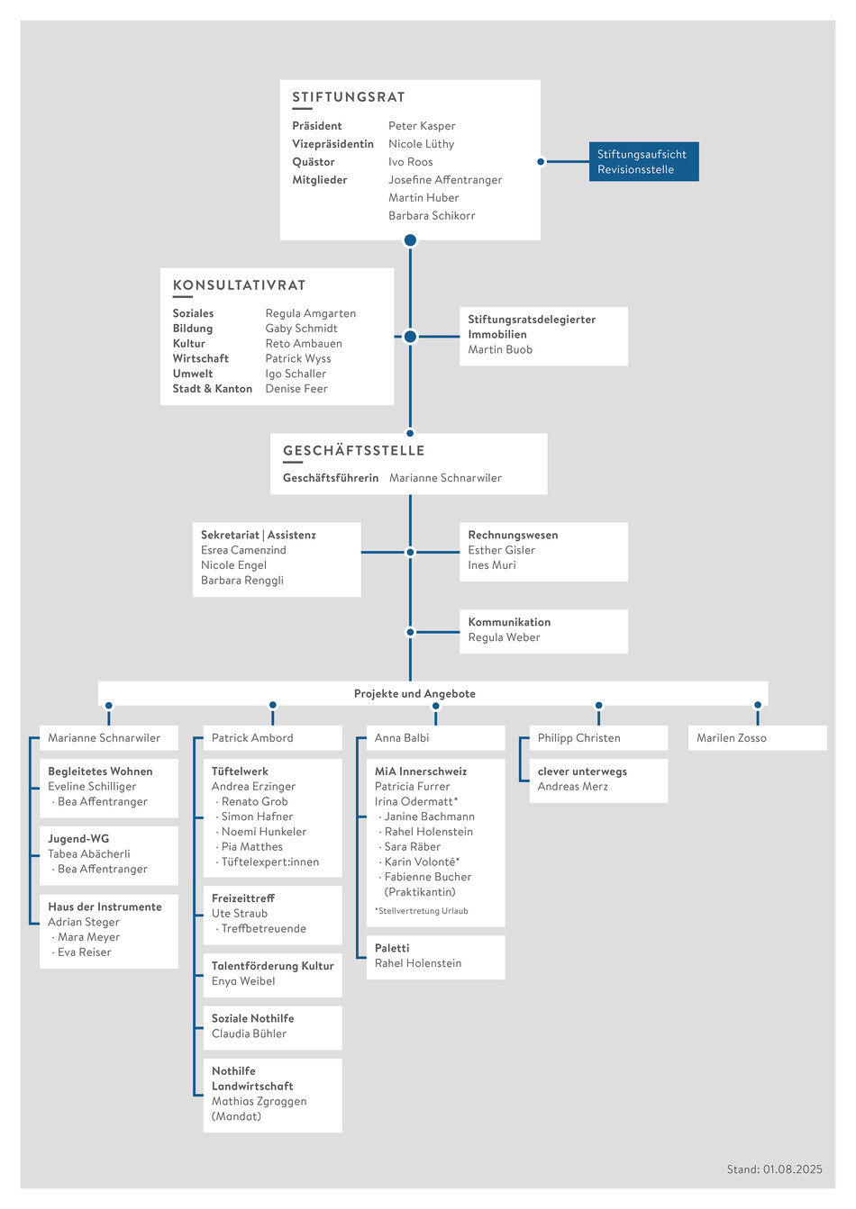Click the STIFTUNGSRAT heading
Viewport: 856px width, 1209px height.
[349, 97]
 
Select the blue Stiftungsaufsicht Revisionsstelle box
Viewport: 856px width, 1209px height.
[643, 161]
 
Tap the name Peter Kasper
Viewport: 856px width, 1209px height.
[422, 126]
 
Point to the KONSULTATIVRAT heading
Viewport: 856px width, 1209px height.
[240, 285]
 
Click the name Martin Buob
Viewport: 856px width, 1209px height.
[500, 349]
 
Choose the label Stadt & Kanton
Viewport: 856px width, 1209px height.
[213, 389]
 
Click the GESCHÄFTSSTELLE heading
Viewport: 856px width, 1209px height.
[354, 451]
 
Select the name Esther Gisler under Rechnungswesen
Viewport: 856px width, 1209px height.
[501, 550]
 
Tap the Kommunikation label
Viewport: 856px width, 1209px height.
[509, 622]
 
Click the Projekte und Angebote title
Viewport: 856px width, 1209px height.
[414, 693]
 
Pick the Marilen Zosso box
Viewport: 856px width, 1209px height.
[757, 738]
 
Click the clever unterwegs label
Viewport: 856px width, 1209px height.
[582, 771]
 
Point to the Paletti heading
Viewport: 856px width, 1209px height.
[392, 948]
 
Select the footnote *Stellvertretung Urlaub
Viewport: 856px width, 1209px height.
[422, 910]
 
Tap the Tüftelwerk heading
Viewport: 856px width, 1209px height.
[240, 771]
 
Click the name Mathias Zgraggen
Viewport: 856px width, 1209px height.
[260, 1101]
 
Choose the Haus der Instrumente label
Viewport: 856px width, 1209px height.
[105, 907]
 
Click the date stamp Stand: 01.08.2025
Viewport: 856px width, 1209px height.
[774, 1169]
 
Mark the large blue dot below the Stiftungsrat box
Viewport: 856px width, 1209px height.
[411, 240]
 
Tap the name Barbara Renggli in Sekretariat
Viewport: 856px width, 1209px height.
[242, 581]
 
